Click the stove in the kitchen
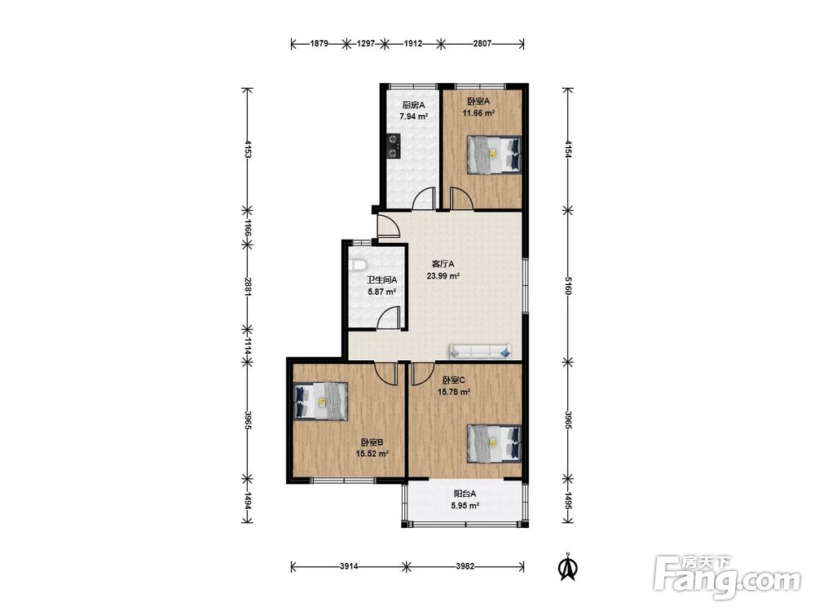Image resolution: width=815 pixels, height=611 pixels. (x=394, y=146)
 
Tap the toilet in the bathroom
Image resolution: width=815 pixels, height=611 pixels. (x=357, y=266)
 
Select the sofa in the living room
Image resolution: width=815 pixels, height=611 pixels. (x=480, y=351)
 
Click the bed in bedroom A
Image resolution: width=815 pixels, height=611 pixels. (x=495, y=154)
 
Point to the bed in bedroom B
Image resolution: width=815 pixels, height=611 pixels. (x=320, y=401)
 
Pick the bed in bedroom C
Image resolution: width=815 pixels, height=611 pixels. (x=495, y=443)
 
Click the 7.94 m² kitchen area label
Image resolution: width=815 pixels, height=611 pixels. (x=413, y=116)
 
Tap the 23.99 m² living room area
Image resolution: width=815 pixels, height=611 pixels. (x=443, y=276)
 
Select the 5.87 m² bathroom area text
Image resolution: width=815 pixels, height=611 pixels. (x=382, y=292)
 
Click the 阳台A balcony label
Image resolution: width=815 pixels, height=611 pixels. (x=465, y=494)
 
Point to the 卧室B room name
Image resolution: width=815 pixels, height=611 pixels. (x=372, y=442)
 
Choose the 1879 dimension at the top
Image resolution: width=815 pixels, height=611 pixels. (x=319, y=44)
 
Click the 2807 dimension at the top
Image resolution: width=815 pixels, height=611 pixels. (x=482, y=44)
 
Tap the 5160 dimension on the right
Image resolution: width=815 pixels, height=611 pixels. (x=568, y=286)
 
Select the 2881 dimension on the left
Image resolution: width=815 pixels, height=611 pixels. (x=248, y=286)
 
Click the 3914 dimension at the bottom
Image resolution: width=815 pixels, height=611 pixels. (x=349, y=566)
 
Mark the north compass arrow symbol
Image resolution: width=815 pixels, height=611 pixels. (x=568, y=567)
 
